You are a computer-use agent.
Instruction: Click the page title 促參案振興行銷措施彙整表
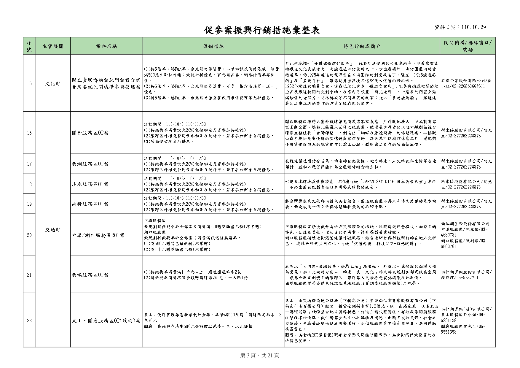click(262, 30)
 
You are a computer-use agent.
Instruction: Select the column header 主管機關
click(53, 46)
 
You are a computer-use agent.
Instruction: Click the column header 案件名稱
click(106, 46)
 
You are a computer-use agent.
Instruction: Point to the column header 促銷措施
click(213, 46)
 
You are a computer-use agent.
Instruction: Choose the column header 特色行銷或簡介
click(362, 46)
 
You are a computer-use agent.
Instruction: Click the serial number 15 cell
click(29, 83)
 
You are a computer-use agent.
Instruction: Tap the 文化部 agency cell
click(53, 83)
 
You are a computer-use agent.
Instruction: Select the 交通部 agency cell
click(53, 229)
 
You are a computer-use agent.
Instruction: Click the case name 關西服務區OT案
click(90, 133)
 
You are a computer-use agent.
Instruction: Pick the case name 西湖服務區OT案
click(90, 164)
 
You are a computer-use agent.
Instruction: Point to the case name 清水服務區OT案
click(90, 184)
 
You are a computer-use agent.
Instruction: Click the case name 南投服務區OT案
click(90, 204)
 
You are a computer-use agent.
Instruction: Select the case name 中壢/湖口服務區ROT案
click(98, 235)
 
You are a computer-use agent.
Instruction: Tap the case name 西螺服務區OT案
click(90, 275)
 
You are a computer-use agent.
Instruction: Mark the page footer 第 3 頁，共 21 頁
click(259, 355)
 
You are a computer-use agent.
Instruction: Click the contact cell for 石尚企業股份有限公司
click(467, 83)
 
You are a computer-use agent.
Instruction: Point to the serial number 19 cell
click(29, 204)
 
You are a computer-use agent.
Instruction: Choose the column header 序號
click(29, 46)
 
